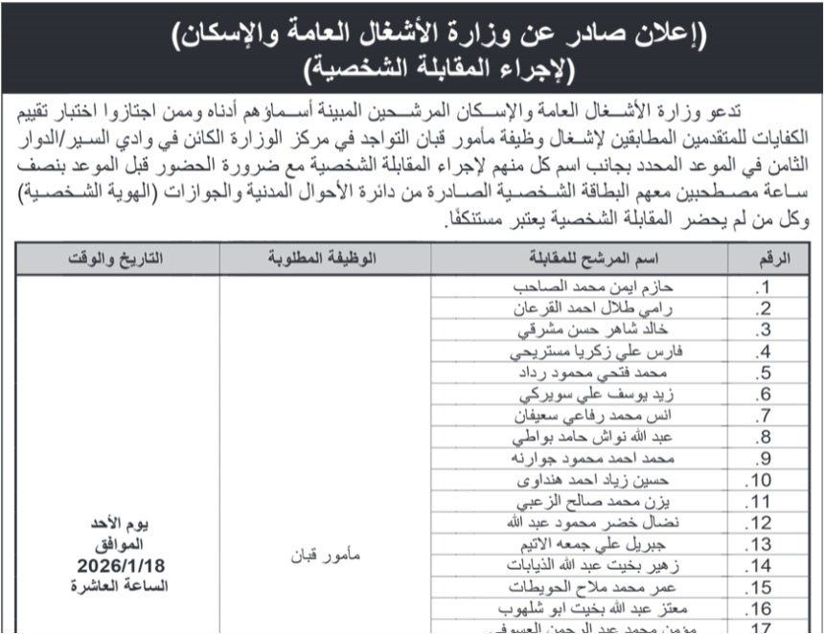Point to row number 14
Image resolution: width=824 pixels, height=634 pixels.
tap(760, 565)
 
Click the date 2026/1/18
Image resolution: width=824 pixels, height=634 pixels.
tap(118, 567)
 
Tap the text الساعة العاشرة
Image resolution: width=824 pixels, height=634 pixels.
tap(118, 586)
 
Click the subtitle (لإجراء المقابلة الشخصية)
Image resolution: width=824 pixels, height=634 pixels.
tap(412, 70)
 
